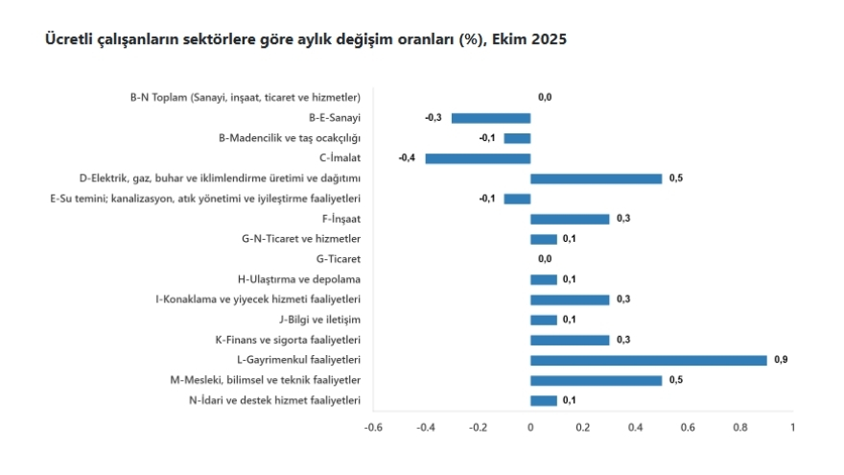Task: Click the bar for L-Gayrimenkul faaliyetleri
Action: (x=648, y=360)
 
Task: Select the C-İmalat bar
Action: (x=478, y=158)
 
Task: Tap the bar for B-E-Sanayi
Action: (x=491, y=118)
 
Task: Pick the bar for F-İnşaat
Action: (x=570, y=219)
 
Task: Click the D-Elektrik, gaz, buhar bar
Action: (x=596, y=178)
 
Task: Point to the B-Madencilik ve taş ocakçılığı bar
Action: (x=517, y=138)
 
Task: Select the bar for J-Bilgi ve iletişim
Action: (x=544, y=320)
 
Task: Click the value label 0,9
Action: (x=781, y=360)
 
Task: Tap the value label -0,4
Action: (x=406, y=158)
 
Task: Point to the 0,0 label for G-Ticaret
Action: (x=545, y=259)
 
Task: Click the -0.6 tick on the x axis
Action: (x=373, y=428)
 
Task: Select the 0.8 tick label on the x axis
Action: (x=740, y=428)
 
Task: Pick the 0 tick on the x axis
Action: (x=530, y=428)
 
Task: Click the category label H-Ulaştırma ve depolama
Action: (x=299, y=279)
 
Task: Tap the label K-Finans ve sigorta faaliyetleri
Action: (x=288, y=340)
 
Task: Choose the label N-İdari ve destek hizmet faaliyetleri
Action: (x=274, y=400)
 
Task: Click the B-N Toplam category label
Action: (x=245, y=98)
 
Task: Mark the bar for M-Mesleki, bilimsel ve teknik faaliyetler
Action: (x=596, y=380)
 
